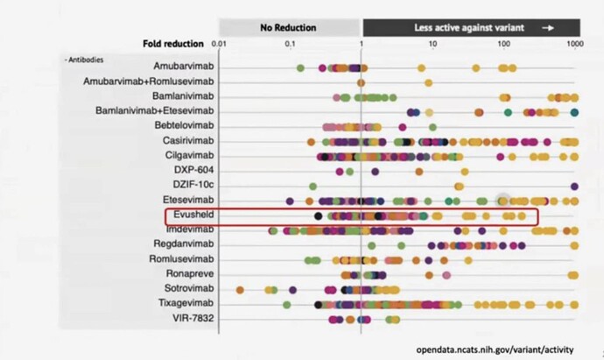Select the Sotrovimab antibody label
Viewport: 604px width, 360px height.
(185, 288)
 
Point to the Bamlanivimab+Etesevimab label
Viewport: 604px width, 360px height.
(155, 110)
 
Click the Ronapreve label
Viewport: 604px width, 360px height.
(187, 273)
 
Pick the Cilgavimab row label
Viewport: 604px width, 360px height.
(186, 155)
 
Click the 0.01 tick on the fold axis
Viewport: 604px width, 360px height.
(220, 43)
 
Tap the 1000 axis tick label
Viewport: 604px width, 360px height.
(574, 43)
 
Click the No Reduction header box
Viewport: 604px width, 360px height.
(288, 27)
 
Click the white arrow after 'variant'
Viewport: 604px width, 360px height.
(548, 27)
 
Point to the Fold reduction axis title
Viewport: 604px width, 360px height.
(172, 43)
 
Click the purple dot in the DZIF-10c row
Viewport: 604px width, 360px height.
(574, 186)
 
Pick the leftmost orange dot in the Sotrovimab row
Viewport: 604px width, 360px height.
(241, 288)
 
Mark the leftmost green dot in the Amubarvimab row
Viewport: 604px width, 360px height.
(301, 67)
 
